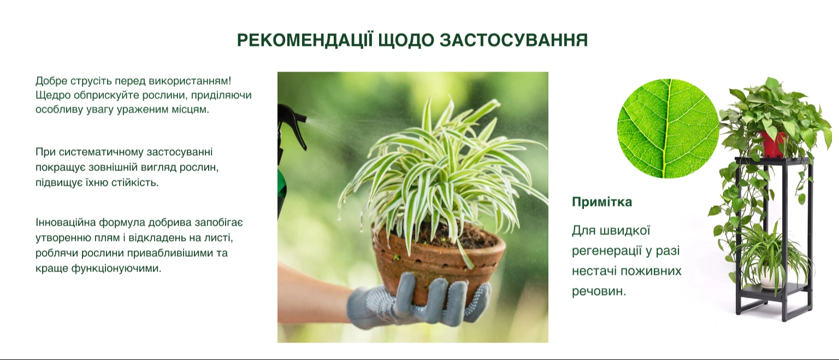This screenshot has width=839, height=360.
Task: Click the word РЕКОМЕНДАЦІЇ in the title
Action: [x=305, y=40]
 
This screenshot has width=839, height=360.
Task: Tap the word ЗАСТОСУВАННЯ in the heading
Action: [x=513, y=40]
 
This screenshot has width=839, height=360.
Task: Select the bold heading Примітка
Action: [x=602, y=202]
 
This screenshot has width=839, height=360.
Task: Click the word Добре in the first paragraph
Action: [x=51, y=81]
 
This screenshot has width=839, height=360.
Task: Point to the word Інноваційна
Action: [x=66, y=222]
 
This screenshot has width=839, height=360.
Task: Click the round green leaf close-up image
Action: [x=668, y=128]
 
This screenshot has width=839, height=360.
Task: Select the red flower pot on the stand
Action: [x=772, y=144]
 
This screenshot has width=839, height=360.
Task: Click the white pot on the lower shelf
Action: [x=771, y=276]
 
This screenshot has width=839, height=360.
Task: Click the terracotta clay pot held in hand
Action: [x=438, y=263]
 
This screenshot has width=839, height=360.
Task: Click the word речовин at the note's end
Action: [x=599, y=292]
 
